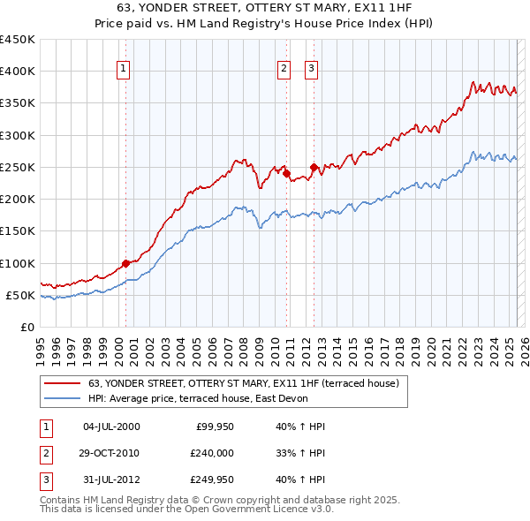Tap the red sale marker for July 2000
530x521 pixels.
(125, 263)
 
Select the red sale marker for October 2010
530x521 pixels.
(287, 173)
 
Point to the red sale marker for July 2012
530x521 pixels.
(314, 167)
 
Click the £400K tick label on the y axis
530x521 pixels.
(17, 72)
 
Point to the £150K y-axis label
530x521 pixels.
(17, 231)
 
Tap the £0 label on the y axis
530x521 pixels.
(27, 328)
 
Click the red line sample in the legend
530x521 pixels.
(62, 383)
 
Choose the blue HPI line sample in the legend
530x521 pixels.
(62, 398)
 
